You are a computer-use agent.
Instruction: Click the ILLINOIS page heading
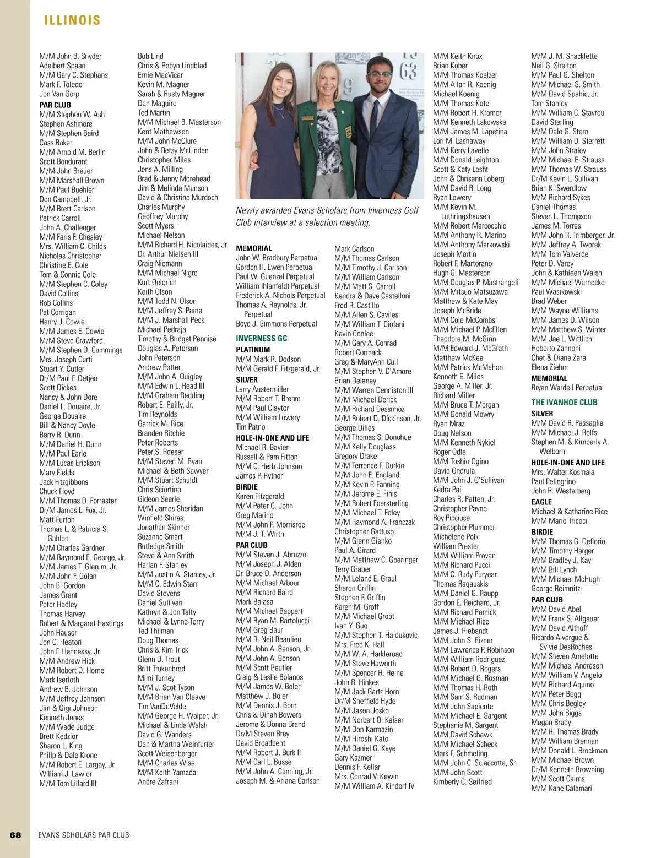[72, 21]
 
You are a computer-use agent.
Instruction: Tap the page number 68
[15, 835]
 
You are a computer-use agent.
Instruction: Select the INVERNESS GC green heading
[262, 338]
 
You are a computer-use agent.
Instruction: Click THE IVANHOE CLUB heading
[564, 403]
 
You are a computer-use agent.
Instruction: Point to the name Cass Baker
[56, 143]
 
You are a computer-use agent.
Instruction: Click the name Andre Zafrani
[158, 781]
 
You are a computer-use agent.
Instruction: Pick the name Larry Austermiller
[262, 389]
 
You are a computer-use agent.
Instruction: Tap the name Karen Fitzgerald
[260, 496]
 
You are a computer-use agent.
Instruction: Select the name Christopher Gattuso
[364, 531]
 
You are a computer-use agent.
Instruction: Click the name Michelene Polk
[456, 536]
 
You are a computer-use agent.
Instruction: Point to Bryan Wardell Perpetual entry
[567, 388]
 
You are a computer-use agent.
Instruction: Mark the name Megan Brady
[551, 722]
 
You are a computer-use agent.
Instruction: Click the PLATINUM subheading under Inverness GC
[253, 350]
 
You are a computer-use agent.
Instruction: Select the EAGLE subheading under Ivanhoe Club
[541, 502]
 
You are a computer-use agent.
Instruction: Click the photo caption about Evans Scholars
[327, 216]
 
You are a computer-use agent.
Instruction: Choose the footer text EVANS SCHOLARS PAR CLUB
[84, 835]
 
